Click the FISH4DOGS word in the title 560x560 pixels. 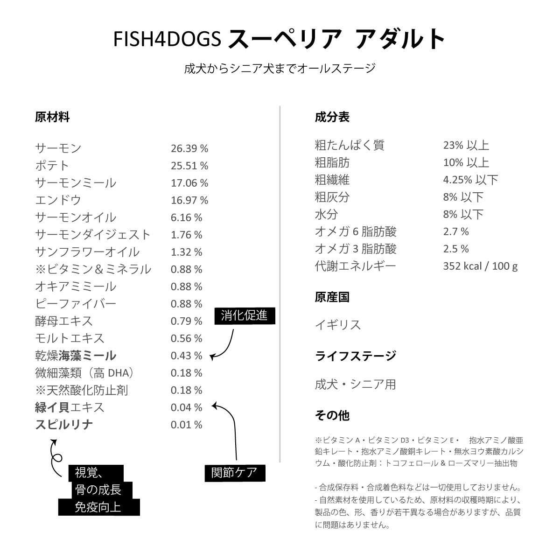click(x=167, y=39)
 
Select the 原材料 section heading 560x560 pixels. click(x=52, y=118)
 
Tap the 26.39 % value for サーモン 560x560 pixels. click(x=189, y=148)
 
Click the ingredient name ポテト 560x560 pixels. click(x=52, y=166)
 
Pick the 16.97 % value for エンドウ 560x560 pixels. click(x=189, y=200)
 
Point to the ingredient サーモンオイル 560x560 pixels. click(x=76, y=217)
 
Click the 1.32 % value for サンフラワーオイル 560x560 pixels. click(x=187, y=252)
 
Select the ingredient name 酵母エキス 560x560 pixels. click(x=64, y=321)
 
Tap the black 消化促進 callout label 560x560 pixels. click(x=245, y=316)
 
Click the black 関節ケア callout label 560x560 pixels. click(x=235, y=473)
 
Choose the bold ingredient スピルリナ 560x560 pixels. click(x=64, y=425)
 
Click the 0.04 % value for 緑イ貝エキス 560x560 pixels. click(x=187, y=407)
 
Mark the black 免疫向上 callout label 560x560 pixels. click(x=99, y=507)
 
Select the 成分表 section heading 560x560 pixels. click(x=332, y=117)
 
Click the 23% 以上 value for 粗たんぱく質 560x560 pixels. click(x=466, y=145)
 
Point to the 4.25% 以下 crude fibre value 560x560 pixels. click(x=470, y=180)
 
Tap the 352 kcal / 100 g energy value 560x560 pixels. click(x=480, y=266)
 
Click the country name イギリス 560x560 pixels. click(x=338, y=325)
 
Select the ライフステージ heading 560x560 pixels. click(x=356, y=356)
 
